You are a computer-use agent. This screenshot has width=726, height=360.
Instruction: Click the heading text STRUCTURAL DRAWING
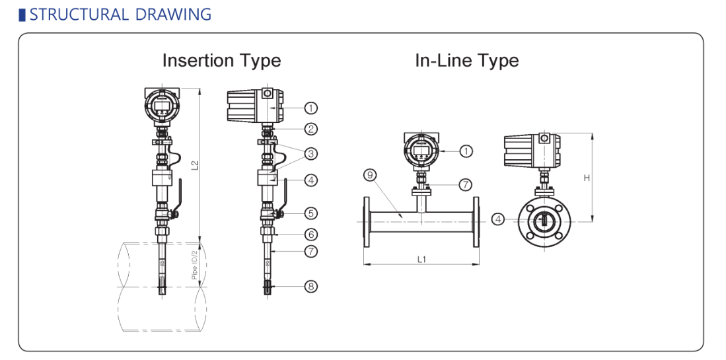click(120, 14)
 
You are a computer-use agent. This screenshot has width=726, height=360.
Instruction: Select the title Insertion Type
click(221, 61)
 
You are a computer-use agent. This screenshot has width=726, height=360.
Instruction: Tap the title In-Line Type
click(466, 61)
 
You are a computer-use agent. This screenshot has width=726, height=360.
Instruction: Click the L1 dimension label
click(421, 260)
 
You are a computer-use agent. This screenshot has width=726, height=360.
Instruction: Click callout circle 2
click(311, 129)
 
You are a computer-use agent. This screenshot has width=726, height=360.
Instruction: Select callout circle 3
click(311, 153)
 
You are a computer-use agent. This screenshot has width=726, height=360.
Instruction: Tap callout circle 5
click(311, 213)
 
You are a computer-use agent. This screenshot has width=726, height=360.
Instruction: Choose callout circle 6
click(311, 234)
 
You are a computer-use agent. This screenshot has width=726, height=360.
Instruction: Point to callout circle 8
click(311, 286)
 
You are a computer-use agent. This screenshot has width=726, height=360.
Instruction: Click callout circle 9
click(370, 175)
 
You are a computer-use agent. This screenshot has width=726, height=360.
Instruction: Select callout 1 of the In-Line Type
click(466, 151)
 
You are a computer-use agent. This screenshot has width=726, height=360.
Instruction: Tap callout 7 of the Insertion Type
click(311, 252)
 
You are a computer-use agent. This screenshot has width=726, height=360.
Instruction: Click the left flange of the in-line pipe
click(367, 221)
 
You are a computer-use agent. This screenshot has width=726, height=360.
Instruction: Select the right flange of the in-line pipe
click(476, 221)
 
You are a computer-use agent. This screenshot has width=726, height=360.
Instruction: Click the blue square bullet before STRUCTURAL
click(22, 14)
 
